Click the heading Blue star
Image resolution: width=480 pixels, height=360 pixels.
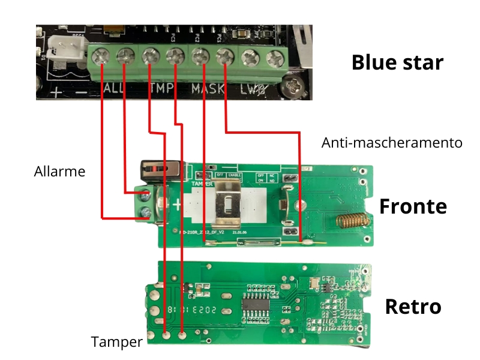397,62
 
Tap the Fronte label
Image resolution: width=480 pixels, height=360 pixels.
413,206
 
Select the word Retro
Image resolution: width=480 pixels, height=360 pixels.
413,307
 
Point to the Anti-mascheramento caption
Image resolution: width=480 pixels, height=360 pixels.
392,143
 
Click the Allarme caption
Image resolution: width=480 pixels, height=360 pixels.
59,172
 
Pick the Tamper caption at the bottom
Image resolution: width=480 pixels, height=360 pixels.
116,342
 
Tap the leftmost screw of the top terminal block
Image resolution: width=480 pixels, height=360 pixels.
100,58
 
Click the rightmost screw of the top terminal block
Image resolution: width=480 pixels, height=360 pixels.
275,58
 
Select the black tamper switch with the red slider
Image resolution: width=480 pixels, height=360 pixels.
159,168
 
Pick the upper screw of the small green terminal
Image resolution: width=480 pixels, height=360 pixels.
145,195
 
